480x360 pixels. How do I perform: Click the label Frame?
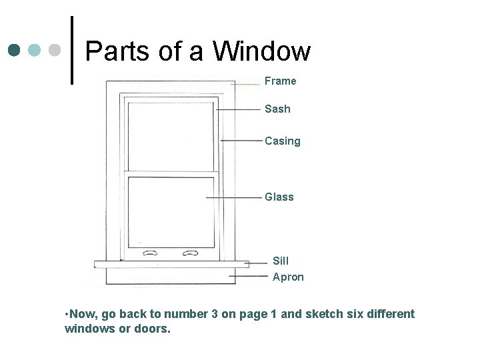(x=280, y=81)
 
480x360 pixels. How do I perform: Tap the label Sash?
(x=277, y=109)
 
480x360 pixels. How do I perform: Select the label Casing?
(x=282, y=141)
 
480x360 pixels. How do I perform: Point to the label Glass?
(x=279, y=197)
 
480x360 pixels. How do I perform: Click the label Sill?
(x=281, y=261)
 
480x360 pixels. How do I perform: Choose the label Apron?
(x=288, y=277)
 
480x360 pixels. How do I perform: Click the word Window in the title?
(x=262, y=51)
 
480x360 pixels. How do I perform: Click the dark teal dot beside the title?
(x=15, y=50)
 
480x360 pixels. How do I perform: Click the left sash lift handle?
(x=150, y=253)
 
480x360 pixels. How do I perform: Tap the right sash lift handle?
(x=191, y=253)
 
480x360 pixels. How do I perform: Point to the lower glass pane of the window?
(x=170, y=210)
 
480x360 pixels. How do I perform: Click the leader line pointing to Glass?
(x=233, y=198)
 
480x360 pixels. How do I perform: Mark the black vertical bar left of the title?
(x=71, y=50)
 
